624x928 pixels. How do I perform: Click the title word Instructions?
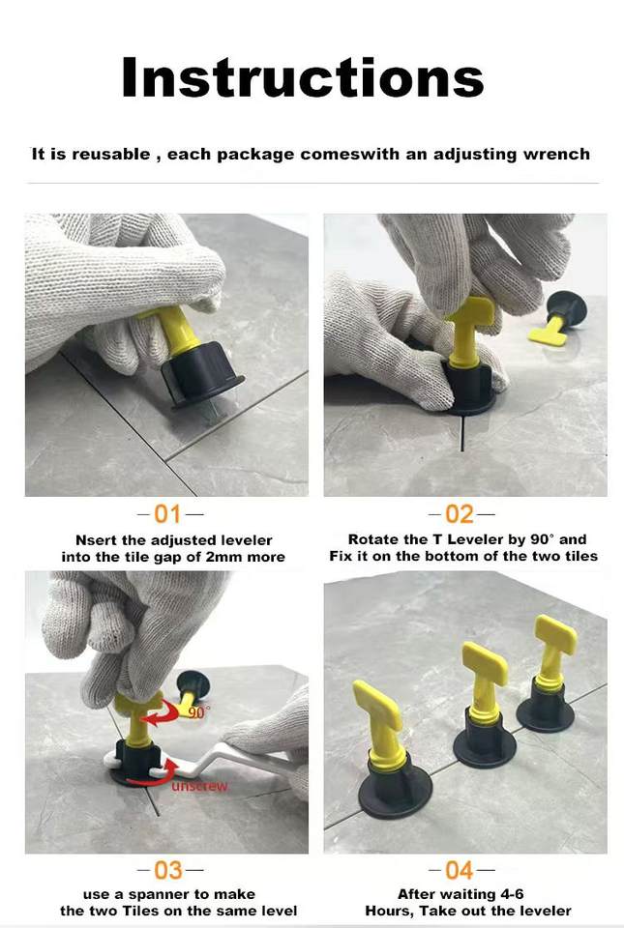click(x=303, y=77)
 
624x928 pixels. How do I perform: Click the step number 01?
click(x=167, y=514)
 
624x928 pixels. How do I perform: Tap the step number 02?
click(x=460, y=514)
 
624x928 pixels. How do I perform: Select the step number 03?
click(x=168, y=870)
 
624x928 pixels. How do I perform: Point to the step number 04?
click(x=460, y=870)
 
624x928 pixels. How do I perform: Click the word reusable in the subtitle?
click(x=110, y=155)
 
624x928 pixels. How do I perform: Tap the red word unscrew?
click(x=199, y=786)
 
